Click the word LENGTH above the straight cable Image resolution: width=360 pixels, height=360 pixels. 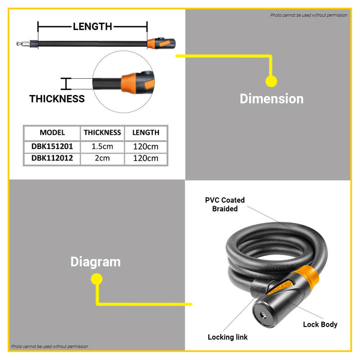[x=93, y=26]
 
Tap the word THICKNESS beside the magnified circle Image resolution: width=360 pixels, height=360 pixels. [x=57, y=99]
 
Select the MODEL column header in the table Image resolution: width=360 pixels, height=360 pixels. [x=52, y=133]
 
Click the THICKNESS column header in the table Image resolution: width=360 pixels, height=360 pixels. [x=102, y=133]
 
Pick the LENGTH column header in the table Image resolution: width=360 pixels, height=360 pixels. [x=146, y=133]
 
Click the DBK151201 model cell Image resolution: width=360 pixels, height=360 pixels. [x=52, y=147]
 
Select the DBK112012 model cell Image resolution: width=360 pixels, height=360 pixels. [x=52, y=158]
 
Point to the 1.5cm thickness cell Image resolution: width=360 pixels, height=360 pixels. [x=102, y=147]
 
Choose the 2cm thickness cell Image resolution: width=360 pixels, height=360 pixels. [x=102, y=158]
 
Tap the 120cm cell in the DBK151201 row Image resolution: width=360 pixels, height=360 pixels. [x=146, y=147]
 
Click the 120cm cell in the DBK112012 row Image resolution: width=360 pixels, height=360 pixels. [x=146, y=158]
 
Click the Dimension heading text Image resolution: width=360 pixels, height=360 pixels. [x=272, y=99]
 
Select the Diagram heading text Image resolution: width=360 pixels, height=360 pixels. [x=96, y=262]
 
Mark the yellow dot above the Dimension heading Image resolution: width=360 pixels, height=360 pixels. [x=271, y=81]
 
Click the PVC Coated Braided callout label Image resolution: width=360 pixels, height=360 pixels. [x=225, y=204]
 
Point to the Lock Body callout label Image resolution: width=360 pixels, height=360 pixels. [x=320, y=325]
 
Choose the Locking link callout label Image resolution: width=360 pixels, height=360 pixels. [x=227, y=337]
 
